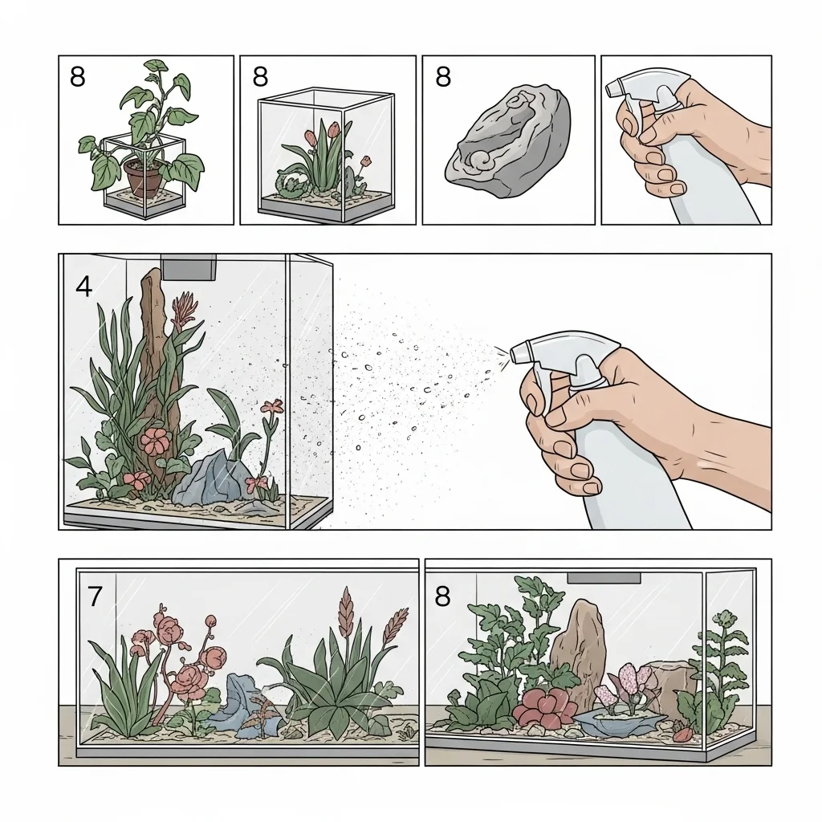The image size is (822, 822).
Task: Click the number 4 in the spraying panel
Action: click(83, 287)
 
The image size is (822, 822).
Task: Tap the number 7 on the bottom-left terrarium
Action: click(95, 596)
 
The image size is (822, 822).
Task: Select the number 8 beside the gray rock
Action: click(443, 76)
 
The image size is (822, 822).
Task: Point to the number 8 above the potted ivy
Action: click(77, 76)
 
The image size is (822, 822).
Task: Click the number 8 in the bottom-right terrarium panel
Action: click(442, 596)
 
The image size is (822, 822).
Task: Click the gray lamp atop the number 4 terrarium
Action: click(189, 267)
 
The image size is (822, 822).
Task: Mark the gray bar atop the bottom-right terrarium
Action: click(604, 578)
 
